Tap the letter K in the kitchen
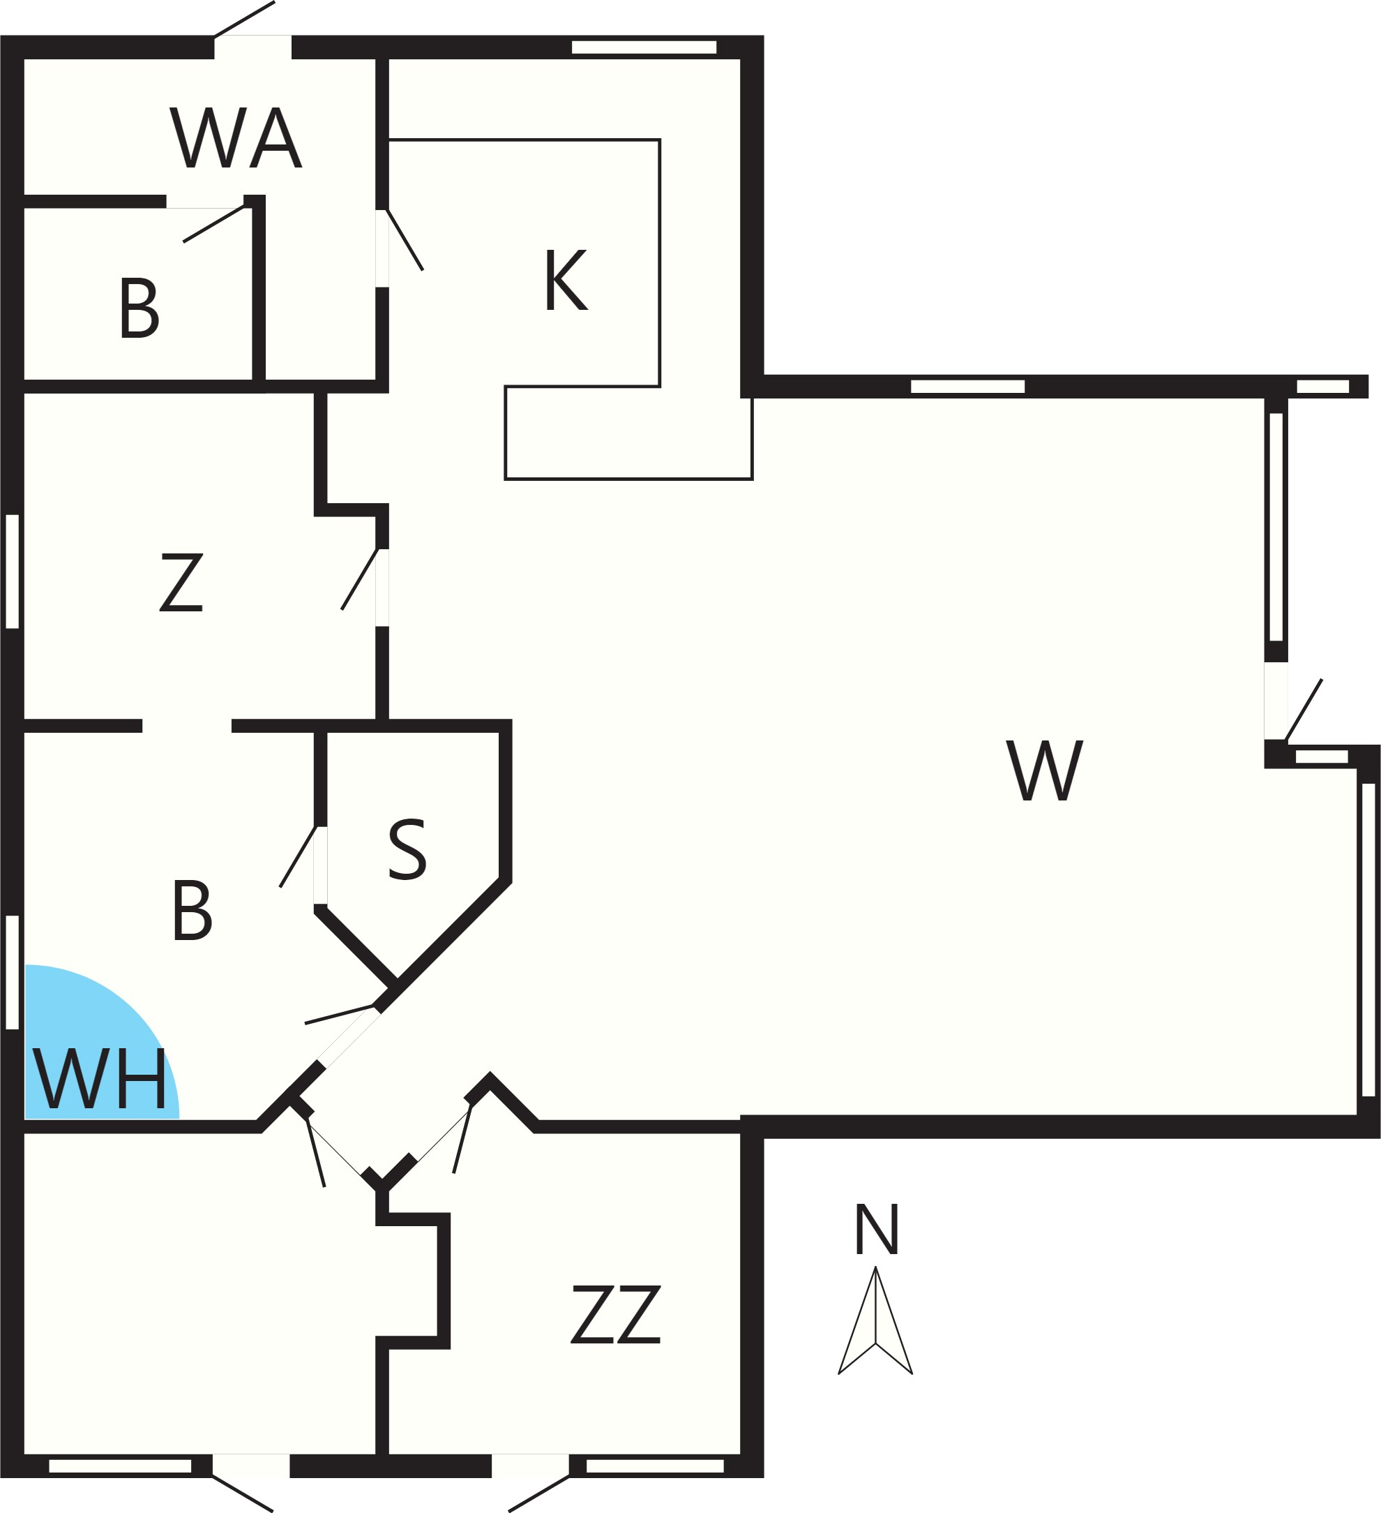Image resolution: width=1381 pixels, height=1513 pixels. (566, 279)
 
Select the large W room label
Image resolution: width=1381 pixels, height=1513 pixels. (1044, 770)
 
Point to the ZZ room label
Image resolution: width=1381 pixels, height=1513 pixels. (616, 1314)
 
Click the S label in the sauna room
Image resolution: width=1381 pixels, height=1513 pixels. (407, 849)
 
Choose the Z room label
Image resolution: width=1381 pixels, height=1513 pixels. (181, 583)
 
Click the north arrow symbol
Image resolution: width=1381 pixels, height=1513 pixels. (875, 1320)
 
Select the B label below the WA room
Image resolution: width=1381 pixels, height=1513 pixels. (139, 308)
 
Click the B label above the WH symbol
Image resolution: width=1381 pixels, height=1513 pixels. (192, 909)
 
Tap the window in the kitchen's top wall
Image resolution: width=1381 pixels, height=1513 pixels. (644, 47)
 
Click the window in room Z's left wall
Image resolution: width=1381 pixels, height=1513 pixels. (12, 571)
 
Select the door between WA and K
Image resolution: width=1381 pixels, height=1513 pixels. (383, 248)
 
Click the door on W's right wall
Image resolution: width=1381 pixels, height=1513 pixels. (1276, 701)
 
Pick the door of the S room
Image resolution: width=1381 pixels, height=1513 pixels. (320, 865)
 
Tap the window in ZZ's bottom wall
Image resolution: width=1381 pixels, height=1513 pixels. (655, 1466)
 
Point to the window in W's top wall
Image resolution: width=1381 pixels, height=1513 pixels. (967, 387)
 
